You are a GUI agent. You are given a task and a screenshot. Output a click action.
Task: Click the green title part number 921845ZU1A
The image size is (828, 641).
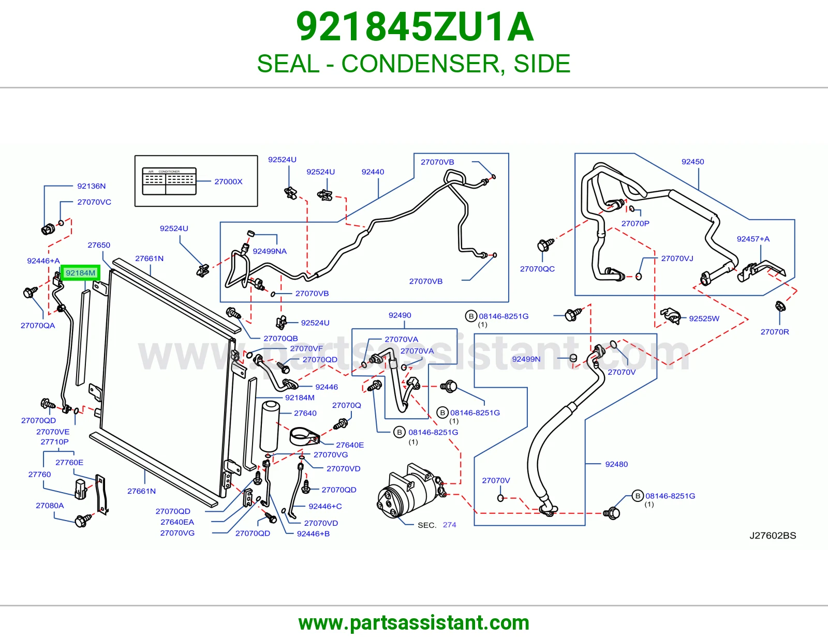[415, 27]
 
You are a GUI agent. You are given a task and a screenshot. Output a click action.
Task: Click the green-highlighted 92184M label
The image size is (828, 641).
[80, 273]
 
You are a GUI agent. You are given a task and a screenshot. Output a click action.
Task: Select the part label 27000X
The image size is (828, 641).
[228, 181]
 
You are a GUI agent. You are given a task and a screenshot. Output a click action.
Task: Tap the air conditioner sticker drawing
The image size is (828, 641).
[169, 181]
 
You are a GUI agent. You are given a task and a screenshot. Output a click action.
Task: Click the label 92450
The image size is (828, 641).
[693, 161]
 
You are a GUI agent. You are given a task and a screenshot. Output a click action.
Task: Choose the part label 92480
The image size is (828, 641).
[616, 464]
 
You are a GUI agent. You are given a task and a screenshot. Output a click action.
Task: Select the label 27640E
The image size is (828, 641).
[350, 445]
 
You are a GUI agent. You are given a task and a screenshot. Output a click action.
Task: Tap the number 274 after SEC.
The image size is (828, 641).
[449, 525]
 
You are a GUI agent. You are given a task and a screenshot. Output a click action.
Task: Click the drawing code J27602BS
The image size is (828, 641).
[773, 536]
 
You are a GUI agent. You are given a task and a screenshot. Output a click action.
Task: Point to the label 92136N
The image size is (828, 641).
[92, 186]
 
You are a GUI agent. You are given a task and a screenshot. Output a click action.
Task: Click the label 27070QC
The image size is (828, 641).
[537, 269]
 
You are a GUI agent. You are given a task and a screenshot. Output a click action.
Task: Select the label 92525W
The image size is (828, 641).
[704, 318]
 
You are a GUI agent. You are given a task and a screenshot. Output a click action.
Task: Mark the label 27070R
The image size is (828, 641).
[775, 331]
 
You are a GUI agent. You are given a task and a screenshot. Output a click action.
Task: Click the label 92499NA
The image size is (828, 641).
[270, 251]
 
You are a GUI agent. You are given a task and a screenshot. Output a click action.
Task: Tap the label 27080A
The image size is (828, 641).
[50, 506]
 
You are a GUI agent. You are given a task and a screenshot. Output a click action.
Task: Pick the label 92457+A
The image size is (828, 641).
[753, 239]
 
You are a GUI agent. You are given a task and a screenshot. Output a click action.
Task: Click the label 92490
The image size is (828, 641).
[400, 315]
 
